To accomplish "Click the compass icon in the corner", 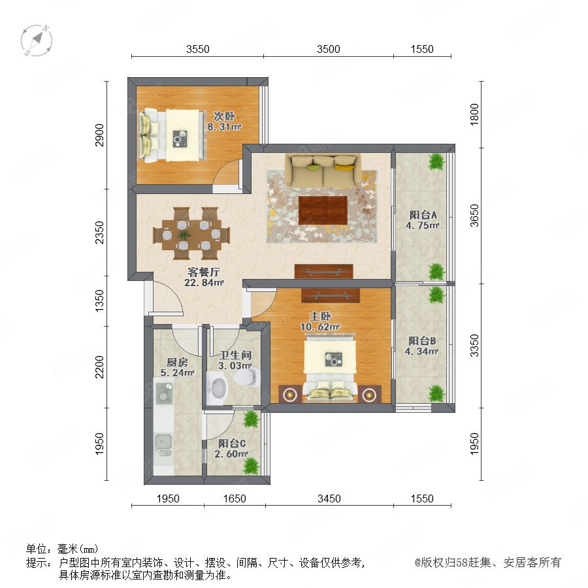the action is (x=37, y=40).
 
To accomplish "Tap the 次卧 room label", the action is (x=224, y=116).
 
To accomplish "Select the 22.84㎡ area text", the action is (x=204, y=282).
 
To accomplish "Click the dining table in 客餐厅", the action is (x=191, y=234).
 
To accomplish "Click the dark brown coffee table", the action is (x=323, y=210).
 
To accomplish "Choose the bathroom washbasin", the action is (x=218, y=388).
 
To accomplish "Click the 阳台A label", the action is (x=423, y=215).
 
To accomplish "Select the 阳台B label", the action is (x=422, y=341).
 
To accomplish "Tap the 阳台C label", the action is (x=232, y=443).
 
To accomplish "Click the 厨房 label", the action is (x=177, y=362).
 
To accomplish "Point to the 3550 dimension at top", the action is (x=197, y=49).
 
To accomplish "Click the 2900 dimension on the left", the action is (x=99, y=135).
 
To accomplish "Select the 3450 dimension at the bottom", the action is (x=329, y=498).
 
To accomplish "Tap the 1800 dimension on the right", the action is (x=474, y=114).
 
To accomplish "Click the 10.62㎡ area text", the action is (x=320, y=327).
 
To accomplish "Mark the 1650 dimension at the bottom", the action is (x=235, y=498).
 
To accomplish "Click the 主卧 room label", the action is (x=320, y=316).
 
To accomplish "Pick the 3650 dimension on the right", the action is (x=474, y=216).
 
